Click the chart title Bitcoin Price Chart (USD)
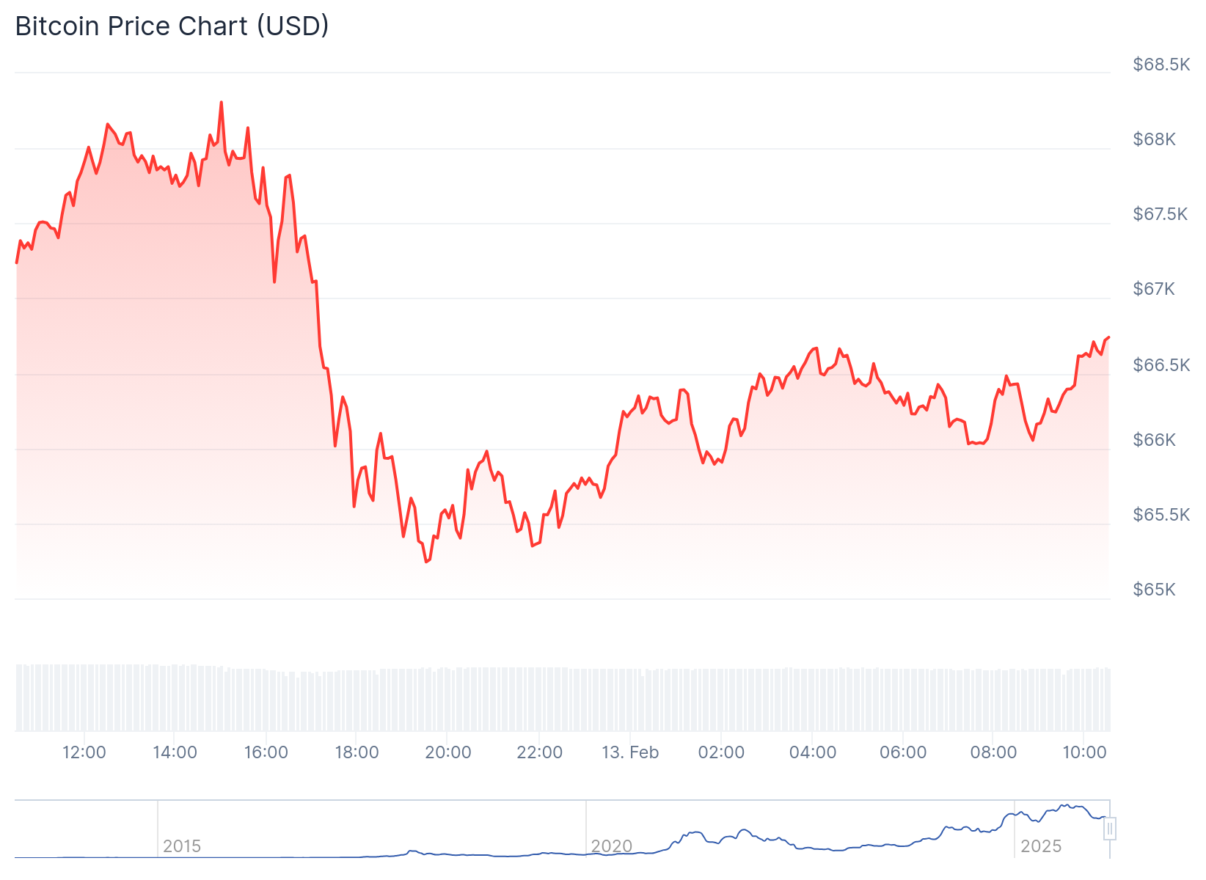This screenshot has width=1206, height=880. pos(172,26)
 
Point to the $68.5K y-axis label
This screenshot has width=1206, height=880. pos(1161,65)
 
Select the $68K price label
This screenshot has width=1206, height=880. pos(1155,139)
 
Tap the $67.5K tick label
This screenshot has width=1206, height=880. pos(1160,214)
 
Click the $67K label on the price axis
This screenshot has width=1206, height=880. pos(1154,289)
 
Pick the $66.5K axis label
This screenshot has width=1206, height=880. pos(1161,365)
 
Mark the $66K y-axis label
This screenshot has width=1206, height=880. pos(1155,440)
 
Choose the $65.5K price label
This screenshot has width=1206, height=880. pos(1161,515)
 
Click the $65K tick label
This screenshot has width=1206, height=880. pos(1155,590)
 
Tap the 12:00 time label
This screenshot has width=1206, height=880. pos(84,752)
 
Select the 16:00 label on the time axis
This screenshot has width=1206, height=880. pos(266,752)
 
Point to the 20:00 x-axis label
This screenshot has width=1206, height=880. pos(448,752)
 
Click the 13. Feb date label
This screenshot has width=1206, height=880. pos(630,752)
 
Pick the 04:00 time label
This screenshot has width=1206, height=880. pos(812,752)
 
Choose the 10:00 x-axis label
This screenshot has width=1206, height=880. pos(1084,752)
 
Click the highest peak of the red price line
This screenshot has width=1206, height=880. pos(221,103)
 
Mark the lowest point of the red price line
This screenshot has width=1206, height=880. pos(426,562)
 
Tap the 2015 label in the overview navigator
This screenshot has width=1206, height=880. pos(182,846)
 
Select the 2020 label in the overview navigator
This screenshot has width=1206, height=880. pos(612,846)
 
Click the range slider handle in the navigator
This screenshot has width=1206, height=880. pos(1110,829)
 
